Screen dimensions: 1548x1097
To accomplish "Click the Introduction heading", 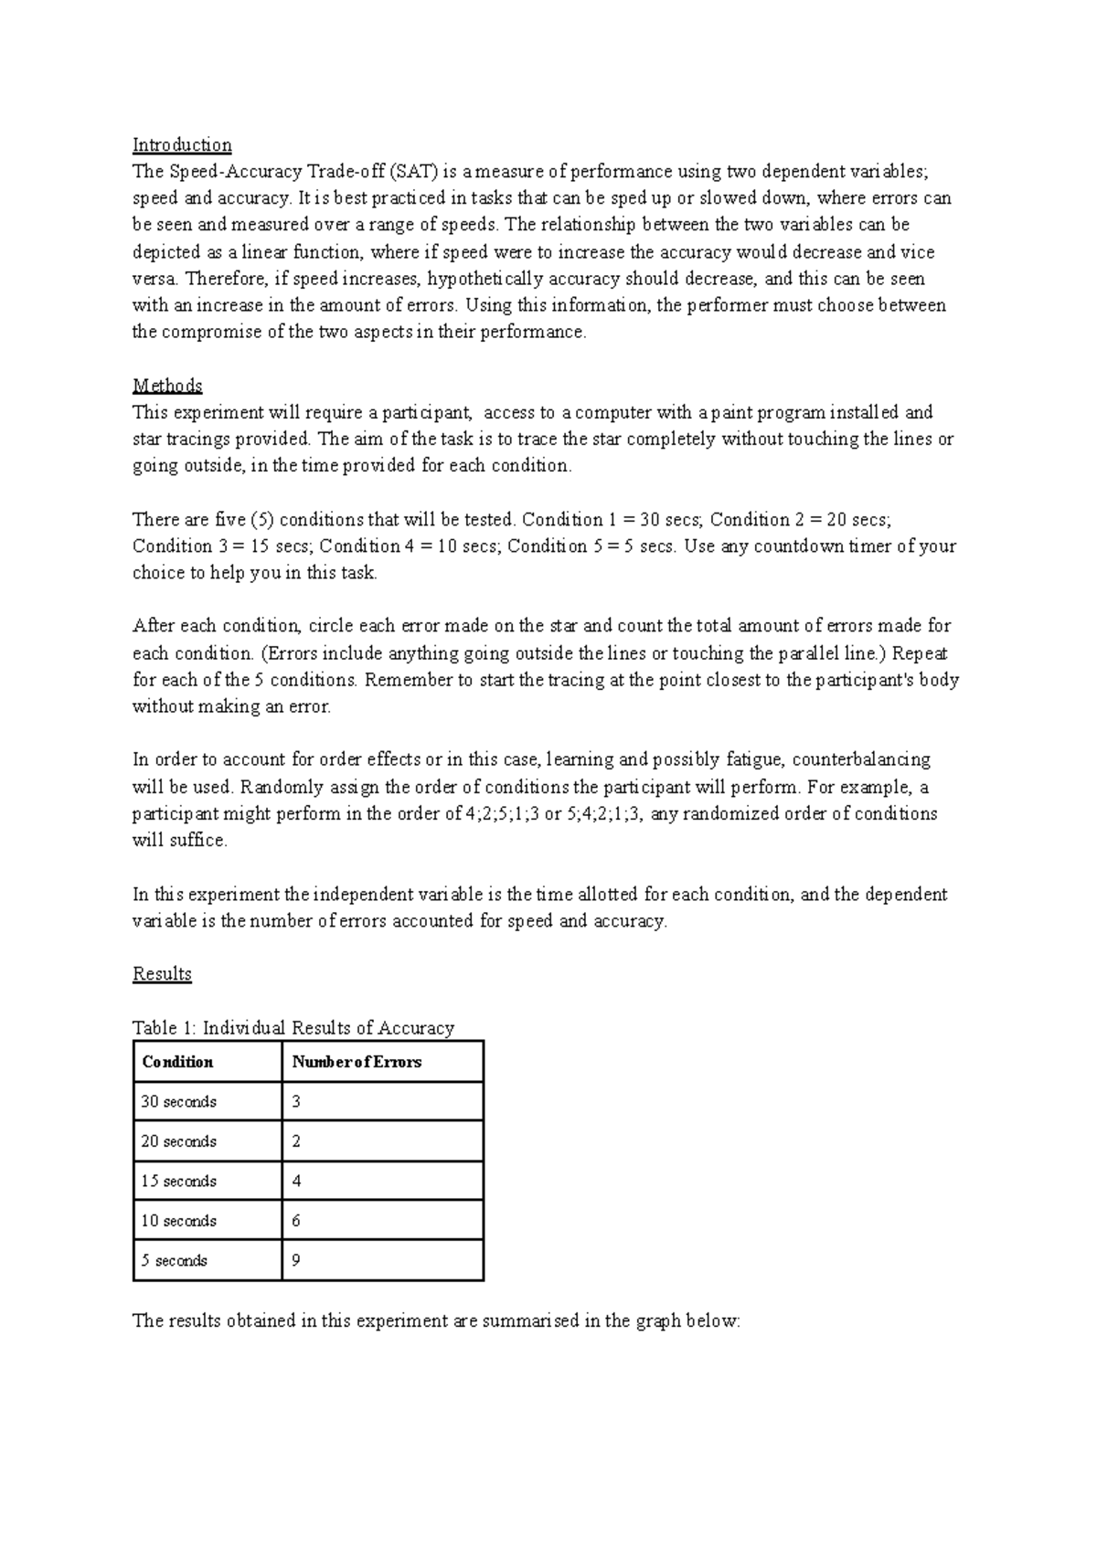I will pos(182,144).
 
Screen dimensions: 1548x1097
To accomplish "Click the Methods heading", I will pos(167,385).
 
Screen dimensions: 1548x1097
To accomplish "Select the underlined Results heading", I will pos(162,973).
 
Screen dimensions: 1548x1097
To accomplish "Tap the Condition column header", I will pos(178,1062).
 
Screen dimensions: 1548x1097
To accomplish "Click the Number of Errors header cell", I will pos(357,1062).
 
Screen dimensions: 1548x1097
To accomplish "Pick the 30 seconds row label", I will pos(179,1102).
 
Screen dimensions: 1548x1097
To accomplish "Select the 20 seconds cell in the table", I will pos(179,1141).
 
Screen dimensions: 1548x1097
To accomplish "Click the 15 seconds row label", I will pos(179,1181).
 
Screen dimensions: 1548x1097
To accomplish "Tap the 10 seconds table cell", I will pos(179,1221).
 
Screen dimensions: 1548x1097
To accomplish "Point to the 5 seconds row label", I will pos(175,1260).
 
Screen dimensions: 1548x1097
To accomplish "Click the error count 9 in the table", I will pos(296,1260).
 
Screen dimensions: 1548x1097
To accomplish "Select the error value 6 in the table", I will pos(296,1221).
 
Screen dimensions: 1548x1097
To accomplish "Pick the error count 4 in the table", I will pos(296,1181).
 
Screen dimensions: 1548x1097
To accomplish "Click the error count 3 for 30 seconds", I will pos(296,1102).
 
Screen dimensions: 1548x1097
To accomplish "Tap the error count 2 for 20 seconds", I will pos(296,1141).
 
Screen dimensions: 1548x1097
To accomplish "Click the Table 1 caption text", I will pos(293,1028).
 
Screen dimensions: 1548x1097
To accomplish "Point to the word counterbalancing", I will pos(861,759).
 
